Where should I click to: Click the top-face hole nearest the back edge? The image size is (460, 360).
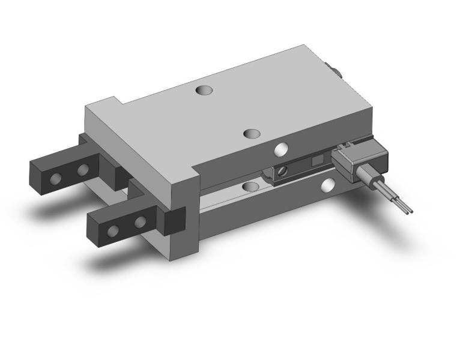[x=204, y=91]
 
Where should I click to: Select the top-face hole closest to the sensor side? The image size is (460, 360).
[x=252, y=133]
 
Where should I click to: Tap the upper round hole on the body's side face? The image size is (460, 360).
[x=280, y=149]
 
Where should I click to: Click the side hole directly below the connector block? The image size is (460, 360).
[x=327, y=185]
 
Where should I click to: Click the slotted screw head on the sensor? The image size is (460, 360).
[x=282, y=173]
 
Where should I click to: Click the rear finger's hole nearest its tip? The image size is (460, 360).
[x=56, y=178]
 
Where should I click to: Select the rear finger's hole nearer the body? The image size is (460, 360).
[x=82, y=171]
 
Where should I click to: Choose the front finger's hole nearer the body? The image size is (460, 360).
[x=140, y=223]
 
